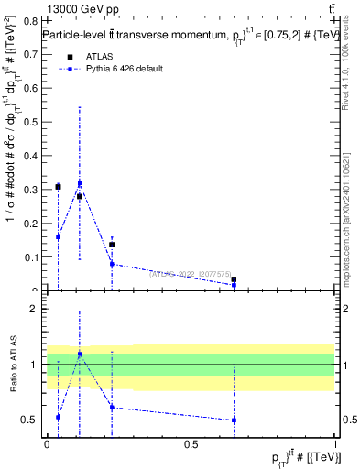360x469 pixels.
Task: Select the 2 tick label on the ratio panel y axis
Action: tap(35, 309)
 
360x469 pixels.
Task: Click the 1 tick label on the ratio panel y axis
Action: tap(35, 365)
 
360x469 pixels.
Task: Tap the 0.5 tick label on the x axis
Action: tap(191, 443)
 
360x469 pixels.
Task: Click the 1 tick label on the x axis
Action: tap(335, 443)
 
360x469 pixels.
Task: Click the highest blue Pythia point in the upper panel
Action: tap(80, 184)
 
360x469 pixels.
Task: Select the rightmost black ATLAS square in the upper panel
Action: tap(235, 279)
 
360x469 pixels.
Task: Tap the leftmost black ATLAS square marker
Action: tap(58, 187)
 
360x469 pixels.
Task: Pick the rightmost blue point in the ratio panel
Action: tap(235, 420)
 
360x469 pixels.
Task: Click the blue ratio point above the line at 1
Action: tap(80, 354)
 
